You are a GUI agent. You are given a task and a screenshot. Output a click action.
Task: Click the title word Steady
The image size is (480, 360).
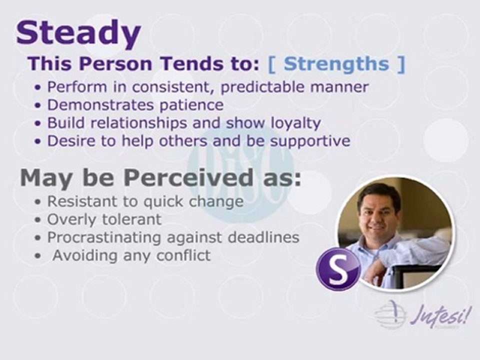click(x=78, y=33)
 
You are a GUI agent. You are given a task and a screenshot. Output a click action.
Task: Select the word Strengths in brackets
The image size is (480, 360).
click(x=336, y=63)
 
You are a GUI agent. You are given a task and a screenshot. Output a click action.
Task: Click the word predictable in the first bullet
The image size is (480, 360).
click(x=262, y=87)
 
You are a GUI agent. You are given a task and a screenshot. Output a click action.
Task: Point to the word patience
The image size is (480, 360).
click(x=191, y=105)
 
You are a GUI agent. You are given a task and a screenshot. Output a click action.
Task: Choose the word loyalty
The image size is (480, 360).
click(x=295, y=123)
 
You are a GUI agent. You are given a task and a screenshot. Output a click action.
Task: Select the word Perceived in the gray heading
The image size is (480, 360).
click(x=188, y=177)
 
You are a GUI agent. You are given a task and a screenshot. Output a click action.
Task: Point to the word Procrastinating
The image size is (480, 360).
click(x=104, y=238)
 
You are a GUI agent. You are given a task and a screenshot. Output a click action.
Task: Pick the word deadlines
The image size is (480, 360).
click(x=263, y=237)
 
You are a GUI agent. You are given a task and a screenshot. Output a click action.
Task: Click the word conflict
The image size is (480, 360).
click(x=183, y=255)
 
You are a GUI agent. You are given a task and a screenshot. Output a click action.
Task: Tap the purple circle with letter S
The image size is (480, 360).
click(x=338, y=269)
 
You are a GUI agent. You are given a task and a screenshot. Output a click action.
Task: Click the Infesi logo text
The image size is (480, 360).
click(x=439, y=314)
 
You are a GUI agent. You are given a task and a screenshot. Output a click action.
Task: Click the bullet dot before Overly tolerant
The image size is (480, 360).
click(x=37, y=220)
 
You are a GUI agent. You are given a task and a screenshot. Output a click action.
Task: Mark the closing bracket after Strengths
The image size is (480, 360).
click(x=401, y=64)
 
